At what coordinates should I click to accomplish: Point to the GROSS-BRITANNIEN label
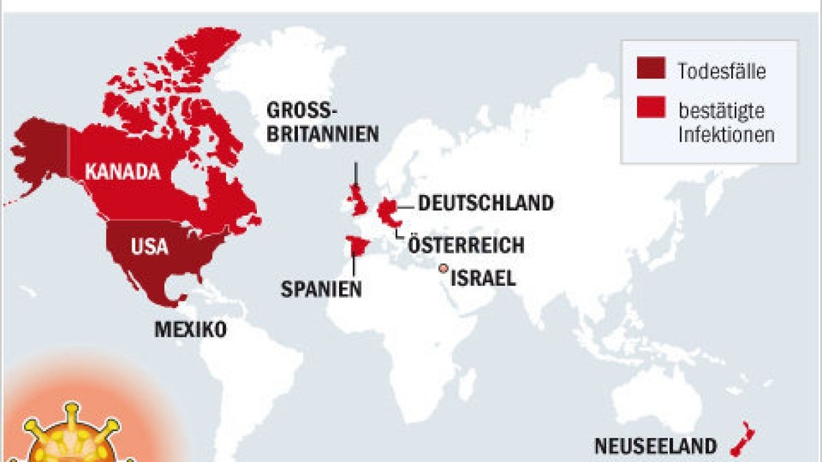tap(322, 121)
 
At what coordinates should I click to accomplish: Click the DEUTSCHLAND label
tap(485, 203)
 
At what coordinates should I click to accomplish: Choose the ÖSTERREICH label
tap(466, 244)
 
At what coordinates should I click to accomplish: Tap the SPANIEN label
tap(321, 288)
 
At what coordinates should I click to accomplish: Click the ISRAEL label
tap(483, 277)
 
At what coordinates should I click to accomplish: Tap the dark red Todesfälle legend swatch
tap(651, 69)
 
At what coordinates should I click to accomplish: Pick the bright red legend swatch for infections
tap(651, 109)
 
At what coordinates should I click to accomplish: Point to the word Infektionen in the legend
tap(726, 135)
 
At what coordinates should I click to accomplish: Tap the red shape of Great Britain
tap(357, 200)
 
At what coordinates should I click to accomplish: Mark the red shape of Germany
tap(387, 211)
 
